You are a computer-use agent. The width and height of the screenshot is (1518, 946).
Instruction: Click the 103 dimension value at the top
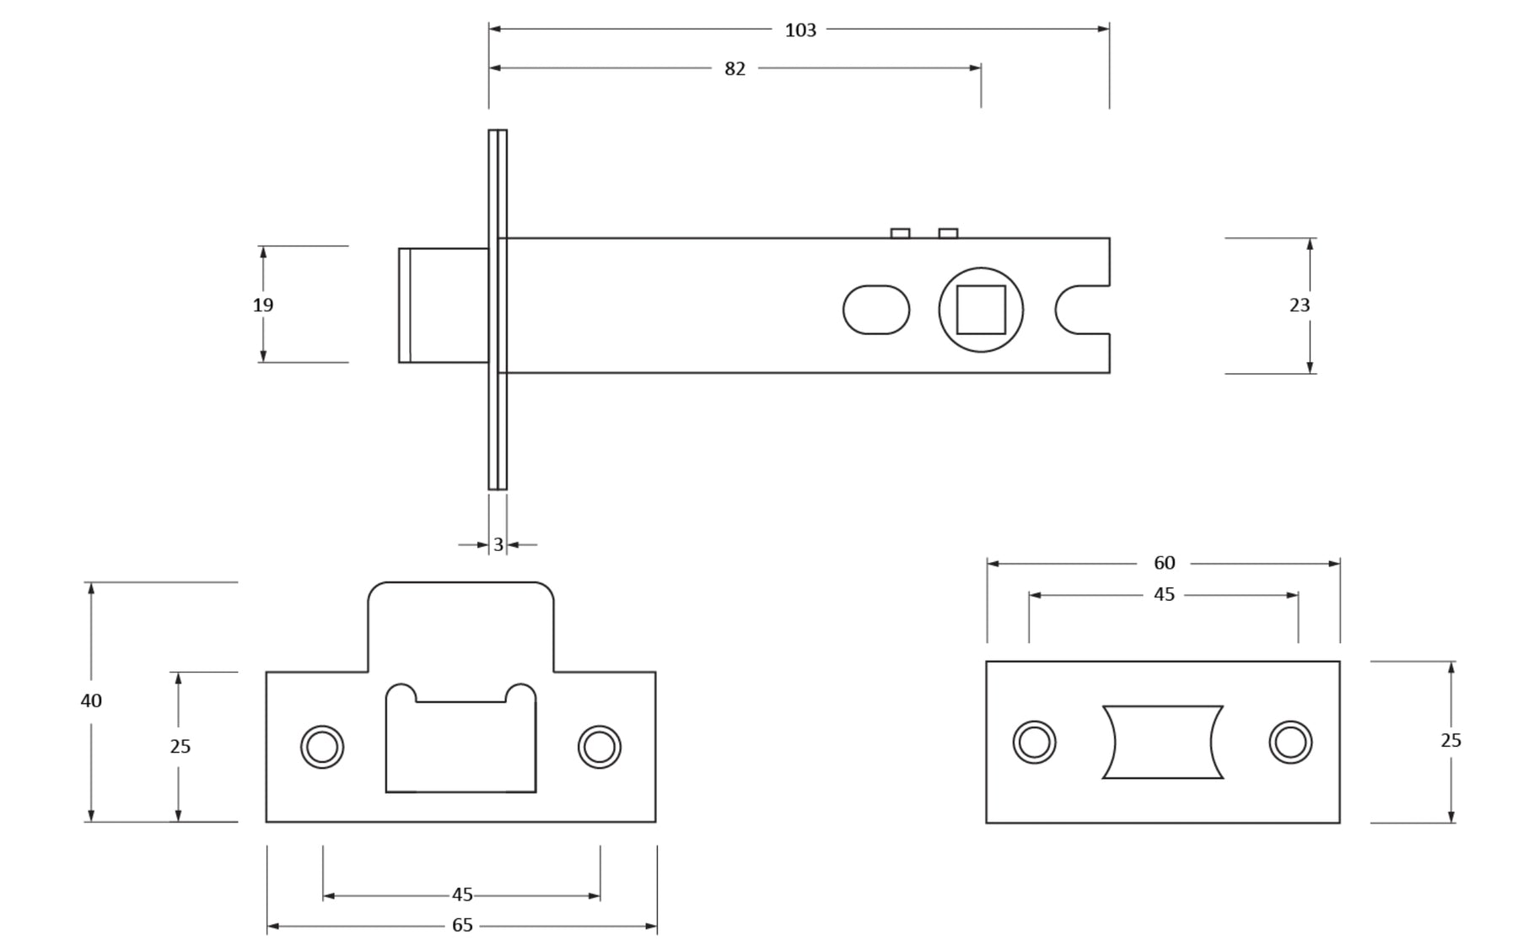[x=799, y=30]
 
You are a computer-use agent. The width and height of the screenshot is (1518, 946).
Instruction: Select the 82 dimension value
[x=735, y=69]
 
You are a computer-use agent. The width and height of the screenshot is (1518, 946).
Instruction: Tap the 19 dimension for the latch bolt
[x=263, y=305]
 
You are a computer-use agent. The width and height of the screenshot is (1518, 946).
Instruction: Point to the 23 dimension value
[x=1299, y=305]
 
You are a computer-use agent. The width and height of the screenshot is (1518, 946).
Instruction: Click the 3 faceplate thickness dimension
[x=498, y=545]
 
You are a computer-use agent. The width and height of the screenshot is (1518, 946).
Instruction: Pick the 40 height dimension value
[x=91, y=700]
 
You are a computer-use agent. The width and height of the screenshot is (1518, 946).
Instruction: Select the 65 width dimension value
[x=462, y=926]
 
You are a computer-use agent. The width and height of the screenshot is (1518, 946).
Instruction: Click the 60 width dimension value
[x=1164, y=563]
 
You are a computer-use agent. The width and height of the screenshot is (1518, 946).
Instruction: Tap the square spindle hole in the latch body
[x=981, y=310]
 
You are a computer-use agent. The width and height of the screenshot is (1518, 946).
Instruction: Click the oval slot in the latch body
[x=876, y=310]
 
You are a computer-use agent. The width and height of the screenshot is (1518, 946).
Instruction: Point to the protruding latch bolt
[x=444, y=305]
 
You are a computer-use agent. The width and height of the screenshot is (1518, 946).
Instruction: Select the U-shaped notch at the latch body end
[x=1080, y=310]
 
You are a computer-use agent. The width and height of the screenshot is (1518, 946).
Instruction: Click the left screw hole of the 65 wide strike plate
[x=322, y=747]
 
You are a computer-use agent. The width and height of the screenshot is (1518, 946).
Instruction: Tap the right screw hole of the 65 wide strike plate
[x=600, y=747]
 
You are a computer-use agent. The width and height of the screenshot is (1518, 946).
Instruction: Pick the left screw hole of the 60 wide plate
[x=1034, y=743]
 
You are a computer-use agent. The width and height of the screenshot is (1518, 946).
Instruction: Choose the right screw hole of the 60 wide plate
[x=1290, y=743]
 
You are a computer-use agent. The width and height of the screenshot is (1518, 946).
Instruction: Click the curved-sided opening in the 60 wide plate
[x=1163, y=743]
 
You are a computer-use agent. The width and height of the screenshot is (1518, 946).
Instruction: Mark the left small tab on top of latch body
[x=900, y=234]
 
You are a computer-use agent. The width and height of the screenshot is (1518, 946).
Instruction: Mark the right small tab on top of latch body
[x=948, y=234]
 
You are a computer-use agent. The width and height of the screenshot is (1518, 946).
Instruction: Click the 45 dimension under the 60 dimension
[x=1164, y=595]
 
